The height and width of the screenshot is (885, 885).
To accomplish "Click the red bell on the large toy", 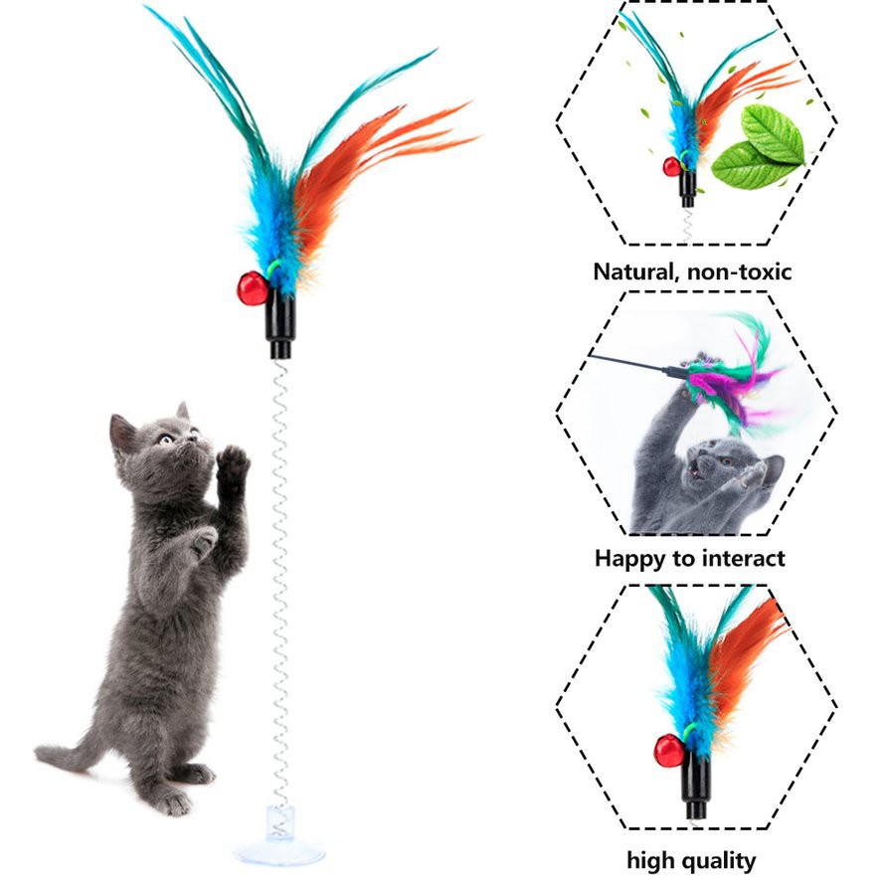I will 251,288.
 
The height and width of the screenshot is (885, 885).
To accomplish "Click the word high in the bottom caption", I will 648,860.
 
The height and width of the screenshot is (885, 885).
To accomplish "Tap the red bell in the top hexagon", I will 672,166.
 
